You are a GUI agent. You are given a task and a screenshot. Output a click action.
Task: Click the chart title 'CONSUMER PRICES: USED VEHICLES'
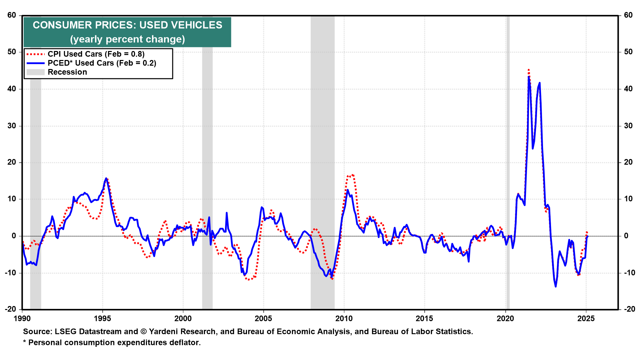pyautogui.click(x=127, y=25)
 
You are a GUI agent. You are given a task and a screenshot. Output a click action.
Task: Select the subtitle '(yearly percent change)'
pyautogui.click(x=127, y=39)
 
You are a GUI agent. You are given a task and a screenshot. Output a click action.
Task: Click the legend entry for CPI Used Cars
pyautogui.click(x=96, y=54)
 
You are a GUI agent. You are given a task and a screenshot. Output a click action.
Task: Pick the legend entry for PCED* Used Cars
pyautogui.click(x=102, y=63)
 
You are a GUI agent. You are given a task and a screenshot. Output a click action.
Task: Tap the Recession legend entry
pyautogui.click(x=67, y=72)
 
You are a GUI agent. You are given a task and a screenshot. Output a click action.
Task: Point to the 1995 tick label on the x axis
pyautogui.click(x=102, y=319)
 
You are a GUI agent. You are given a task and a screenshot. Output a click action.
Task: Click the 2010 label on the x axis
pyautogui.click(x=344, y=319)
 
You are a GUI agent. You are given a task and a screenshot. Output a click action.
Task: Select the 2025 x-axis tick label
pyautogui.click(x=586, y=319)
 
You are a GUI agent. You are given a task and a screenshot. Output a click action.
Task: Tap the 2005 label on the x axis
pyautogui.click(x=263, y=319)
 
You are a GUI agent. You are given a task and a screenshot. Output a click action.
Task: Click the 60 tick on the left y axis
pyautogui.click(x=12, y=15)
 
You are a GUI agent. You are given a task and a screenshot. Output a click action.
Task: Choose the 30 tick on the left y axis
pyautogui.click(x=12, y=126)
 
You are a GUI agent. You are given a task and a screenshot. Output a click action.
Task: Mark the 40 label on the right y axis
pyautogui.click(x=628, y=89)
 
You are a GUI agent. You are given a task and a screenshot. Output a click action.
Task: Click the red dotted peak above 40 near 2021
pyautogui.click(x=529, y=70)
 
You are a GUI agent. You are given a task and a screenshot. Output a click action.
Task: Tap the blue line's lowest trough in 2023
pyautogui.click(x=556, y=286)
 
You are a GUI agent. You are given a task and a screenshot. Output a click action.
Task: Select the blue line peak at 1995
pyautogui.click(x=106, y=178)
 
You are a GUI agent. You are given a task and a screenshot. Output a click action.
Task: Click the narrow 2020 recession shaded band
pyautogui.click(x=508, y=167)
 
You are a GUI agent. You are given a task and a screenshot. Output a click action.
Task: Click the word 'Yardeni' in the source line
pyautogui.click(x=164, y=332)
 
